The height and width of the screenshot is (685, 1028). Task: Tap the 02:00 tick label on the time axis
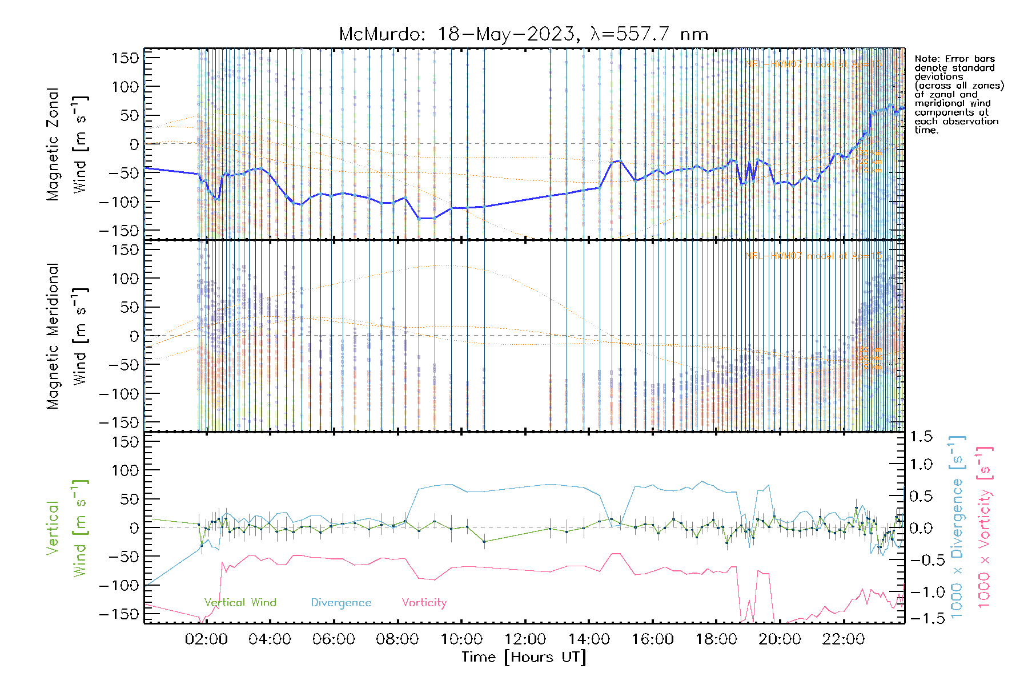click(x=206, y=639)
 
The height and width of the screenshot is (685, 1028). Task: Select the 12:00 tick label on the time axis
click(x=525, y=639)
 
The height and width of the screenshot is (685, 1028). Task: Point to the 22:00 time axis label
click(x=844, y=639)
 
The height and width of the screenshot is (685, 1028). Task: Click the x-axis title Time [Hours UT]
click(x=524, y=657)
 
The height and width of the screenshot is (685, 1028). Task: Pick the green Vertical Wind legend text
click(x=240, y=603)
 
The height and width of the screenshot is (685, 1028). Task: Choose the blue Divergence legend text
click(x=341, y=603)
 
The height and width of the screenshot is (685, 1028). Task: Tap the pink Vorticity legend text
click(x=424, y=603)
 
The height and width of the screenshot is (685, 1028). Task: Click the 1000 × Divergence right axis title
click(x=957, y=527)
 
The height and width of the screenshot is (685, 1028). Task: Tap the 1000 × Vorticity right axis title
click(x=985, y=527)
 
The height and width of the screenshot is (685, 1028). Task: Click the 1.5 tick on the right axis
click(x=921, y=437)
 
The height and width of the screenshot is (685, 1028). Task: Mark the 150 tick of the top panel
click(x=126, y=58)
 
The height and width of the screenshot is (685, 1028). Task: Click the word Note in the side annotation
click(x=926, y=59)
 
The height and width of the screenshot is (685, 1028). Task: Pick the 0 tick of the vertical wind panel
click(x=134, y=527)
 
